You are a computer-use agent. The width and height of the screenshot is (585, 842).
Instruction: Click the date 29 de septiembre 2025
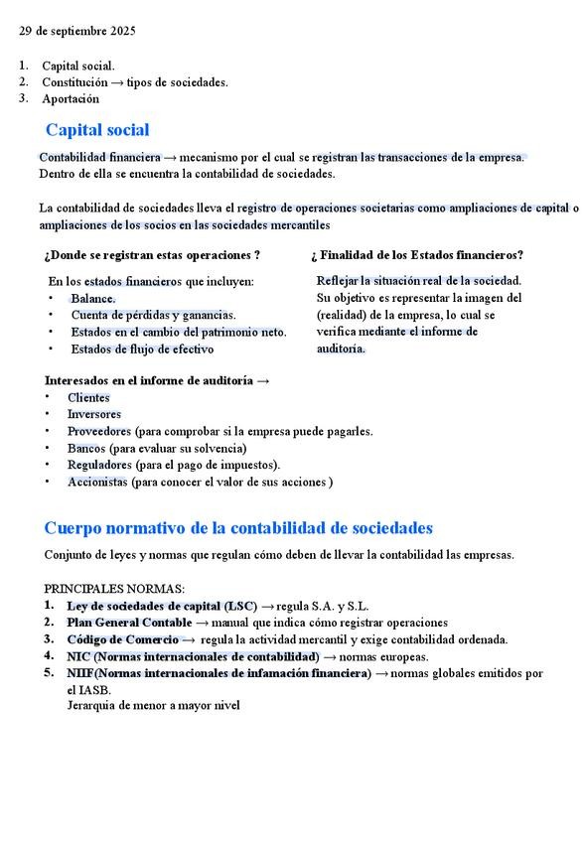pyautogui.click(x=78, y=31)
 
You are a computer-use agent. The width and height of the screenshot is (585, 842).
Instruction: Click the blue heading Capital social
pyautogui.click(x=97, y=130)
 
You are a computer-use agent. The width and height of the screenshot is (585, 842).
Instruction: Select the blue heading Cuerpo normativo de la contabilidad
pyautogui.click(x=238, y=528)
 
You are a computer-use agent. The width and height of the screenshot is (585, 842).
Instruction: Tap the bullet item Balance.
pyautogui.click(x=93, y=298)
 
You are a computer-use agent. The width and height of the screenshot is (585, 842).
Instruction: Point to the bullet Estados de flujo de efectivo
pyautogui.click(x=142, y=349)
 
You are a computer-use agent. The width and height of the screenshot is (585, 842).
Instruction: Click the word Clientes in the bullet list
pyautogui.click(x=88, y=397)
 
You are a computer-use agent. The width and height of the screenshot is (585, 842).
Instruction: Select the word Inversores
pyautogui.click(x=94, y=414)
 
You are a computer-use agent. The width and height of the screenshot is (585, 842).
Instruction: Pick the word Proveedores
pyautogui.click(x=99, y=431)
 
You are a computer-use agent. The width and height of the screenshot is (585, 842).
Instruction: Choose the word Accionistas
pyautogui.click(x=97, y=482)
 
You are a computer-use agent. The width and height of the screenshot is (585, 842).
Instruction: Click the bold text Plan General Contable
pyautogui.click(x=129, y=623)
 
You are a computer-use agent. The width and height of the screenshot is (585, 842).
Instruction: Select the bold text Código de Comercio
pyautogui.click(x=123, y=639)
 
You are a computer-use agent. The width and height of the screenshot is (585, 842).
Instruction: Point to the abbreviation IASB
pyautogui.click(x=95, y=690)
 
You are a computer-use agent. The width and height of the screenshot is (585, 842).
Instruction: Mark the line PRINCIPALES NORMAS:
pyautogui.click(x=114, y=588)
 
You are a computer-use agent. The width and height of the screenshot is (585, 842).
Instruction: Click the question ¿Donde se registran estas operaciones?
pyautogui.click(x=152, y=255)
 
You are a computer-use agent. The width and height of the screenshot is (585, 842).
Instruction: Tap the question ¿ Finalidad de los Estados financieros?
pyautogui.click(x=417, y=255)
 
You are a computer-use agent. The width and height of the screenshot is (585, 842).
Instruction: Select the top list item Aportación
pyautogui.click(x=71, y=99)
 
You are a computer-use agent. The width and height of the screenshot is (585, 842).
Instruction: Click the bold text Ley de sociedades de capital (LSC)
pyautogui.click(x=162, y=606)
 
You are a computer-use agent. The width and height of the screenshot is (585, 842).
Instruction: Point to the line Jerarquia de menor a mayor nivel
pyautogui.click(x=153, y=706)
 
